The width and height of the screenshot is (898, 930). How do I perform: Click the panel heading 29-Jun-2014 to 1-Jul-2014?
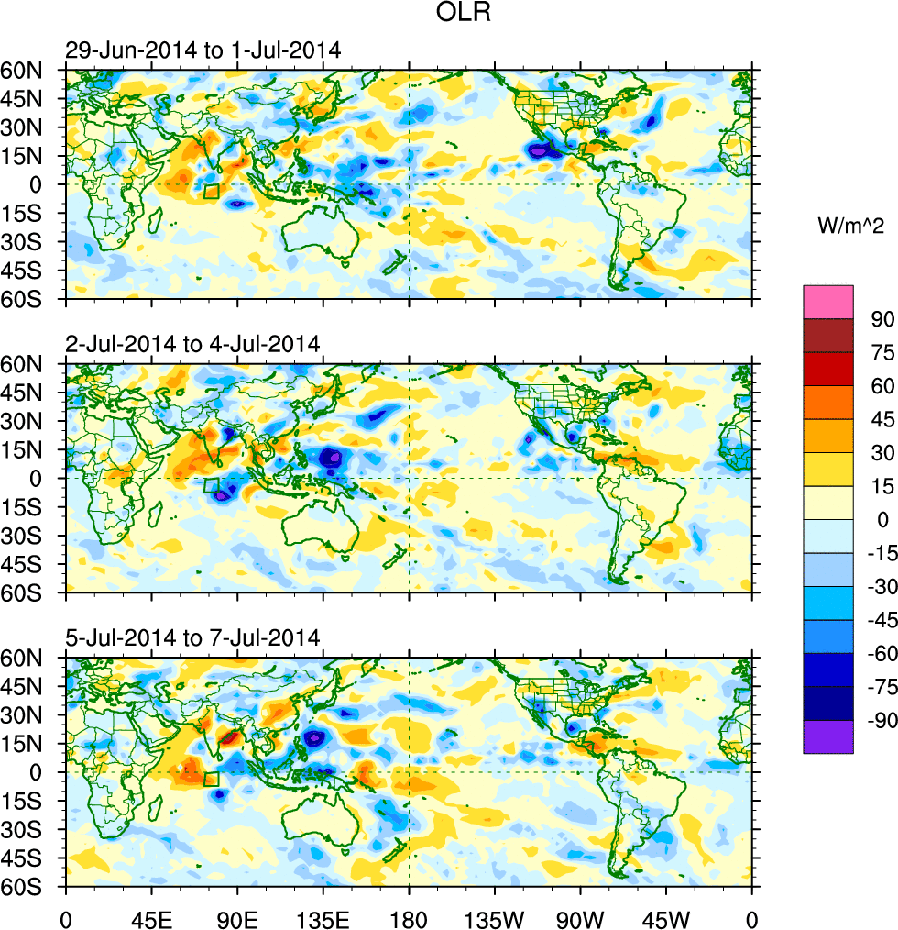[203, 50]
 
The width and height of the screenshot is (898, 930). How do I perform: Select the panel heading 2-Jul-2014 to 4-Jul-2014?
[192, 344]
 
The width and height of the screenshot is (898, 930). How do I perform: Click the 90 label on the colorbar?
[882, 318]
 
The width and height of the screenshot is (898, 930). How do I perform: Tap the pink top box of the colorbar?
[828, 301]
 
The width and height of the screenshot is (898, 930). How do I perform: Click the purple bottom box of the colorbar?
[828, 737]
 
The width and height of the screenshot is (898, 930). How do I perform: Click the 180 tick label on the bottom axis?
[409, 918]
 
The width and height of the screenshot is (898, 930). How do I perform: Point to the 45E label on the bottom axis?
[151, 918]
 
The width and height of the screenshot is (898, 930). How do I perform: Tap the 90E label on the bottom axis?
[237, 918]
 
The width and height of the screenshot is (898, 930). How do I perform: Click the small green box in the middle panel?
[212, 485]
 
